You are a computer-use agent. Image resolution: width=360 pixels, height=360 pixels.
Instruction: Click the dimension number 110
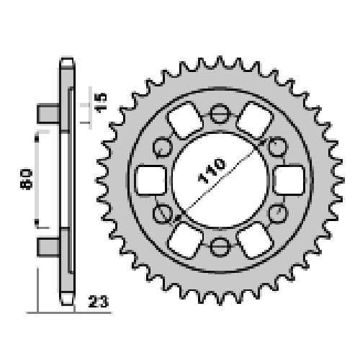tap(212, 170)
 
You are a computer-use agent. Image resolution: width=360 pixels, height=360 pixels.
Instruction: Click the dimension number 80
tap(27, 179)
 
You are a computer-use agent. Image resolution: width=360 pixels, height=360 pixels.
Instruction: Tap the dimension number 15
tap(101, 102)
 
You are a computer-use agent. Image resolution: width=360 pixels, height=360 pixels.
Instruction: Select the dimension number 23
tap(99, 302)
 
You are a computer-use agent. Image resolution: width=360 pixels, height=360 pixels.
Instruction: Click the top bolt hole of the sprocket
tap(220, 114)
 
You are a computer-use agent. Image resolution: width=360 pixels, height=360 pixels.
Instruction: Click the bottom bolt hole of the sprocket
tap(220, 246)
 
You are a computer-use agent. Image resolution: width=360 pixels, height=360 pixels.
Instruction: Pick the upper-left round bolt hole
tap(163, 147)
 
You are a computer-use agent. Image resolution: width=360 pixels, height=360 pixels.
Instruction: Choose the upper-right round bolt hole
tap(277, 147)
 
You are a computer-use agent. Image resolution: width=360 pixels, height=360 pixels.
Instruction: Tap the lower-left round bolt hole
tap(163, 214)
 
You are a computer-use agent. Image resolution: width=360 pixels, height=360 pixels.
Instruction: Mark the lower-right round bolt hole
tap(277, 214)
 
